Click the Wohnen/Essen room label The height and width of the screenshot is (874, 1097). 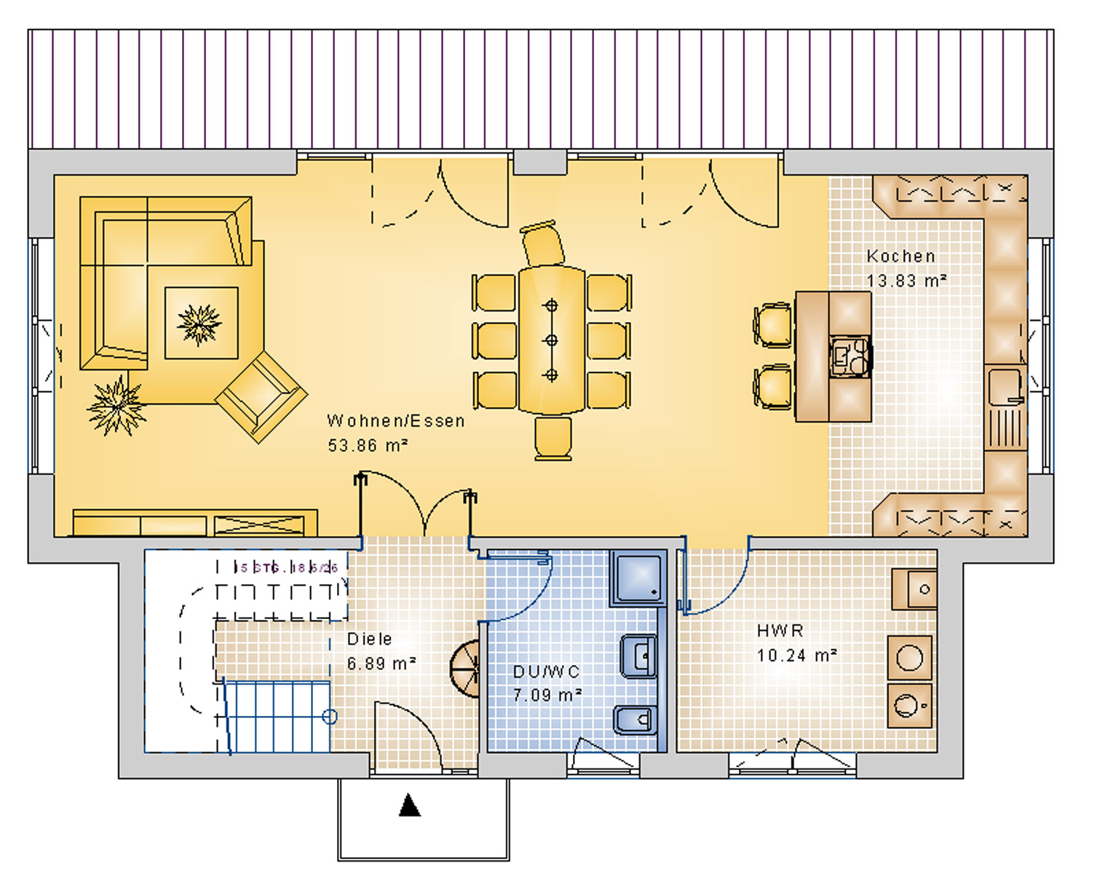[x=395, y=421]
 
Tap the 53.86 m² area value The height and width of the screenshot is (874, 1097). [x=367, y=445]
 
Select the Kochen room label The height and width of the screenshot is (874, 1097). [x=900, y=256]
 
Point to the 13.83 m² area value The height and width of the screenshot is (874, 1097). [x=906, y=280]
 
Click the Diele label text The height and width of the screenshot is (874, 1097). [x=369, y=639]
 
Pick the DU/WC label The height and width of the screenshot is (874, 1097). [x=546, y=672]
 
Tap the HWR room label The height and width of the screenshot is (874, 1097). [x=780, y=631]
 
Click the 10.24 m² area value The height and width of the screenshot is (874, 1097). [x=796, y=655]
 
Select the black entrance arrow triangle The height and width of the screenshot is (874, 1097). [x=410, y=806]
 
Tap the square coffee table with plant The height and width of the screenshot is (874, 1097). [x=201, y=323]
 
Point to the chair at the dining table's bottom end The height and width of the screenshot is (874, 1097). [x=553, y=438]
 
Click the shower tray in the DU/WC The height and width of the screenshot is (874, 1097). [x=638, y=578]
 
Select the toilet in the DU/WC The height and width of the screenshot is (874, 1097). [x=635, y=720]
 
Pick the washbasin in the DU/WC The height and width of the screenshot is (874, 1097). [x=638, y=656]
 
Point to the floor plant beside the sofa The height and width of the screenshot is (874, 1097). [x=116, y=406]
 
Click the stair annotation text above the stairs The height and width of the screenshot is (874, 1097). [x=288, y=568]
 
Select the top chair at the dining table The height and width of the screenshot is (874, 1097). [x=543, y=245]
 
